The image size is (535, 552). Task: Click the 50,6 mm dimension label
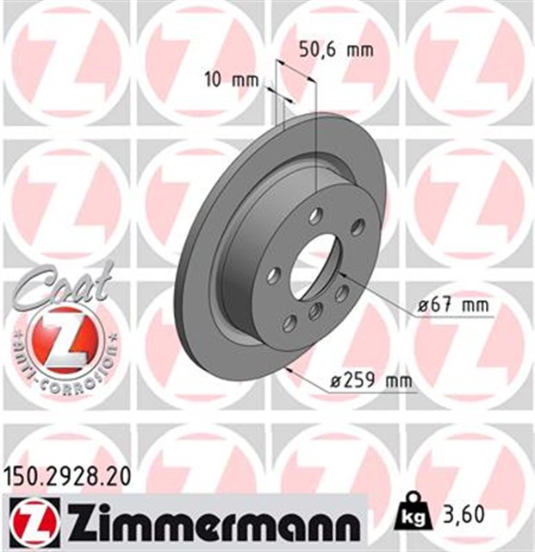(337, 50)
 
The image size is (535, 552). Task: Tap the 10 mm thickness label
(232, 80)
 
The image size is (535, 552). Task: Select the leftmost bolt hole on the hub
(273, 275)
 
